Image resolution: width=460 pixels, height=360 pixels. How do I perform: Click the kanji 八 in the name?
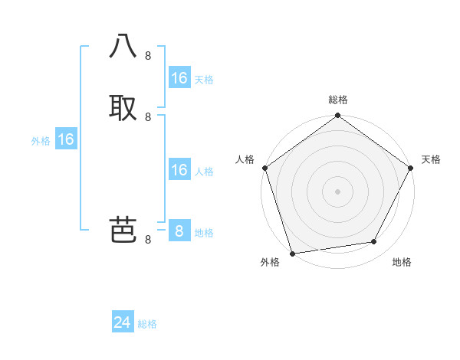[x=123, y=47]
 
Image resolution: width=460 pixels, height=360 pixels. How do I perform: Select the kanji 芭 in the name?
[x=123, y=229]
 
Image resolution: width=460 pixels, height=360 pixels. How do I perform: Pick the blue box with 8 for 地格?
[x=179, y=231]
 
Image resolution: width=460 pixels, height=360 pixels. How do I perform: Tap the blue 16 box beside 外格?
[x=66, y=140]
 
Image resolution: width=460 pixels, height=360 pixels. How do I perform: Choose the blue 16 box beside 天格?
[x=179, y=78]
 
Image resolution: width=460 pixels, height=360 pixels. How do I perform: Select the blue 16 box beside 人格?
[x=179, y=170]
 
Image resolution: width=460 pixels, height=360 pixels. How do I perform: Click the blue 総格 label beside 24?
[x=148, y=324]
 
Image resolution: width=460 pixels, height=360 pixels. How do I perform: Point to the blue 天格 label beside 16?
[x=204, y=80]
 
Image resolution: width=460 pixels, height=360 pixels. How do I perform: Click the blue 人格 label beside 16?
[x=204, y=172]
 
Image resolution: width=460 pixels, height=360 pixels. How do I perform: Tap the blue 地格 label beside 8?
[x=204, y=233]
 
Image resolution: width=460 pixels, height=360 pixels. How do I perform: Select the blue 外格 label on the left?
[x=41, y=141]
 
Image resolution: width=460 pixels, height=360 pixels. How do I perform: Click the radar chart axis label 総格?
[x=338, y=100]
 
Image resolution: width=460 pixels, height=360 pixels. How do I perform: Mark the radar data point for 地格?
[x=374, y=242]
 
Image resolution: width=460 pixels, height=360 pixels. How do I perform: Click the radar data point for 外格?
[x=292, y=253]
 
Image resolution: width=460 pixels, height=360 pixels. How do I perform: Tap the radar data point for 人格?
[x=264, y=168]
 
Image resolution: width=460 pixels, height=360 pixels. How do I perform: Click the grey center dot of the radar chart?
[x=337, y=191]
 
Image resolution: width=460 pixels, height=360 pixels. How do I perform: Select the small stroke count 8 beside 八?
[x=148, y=56]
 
